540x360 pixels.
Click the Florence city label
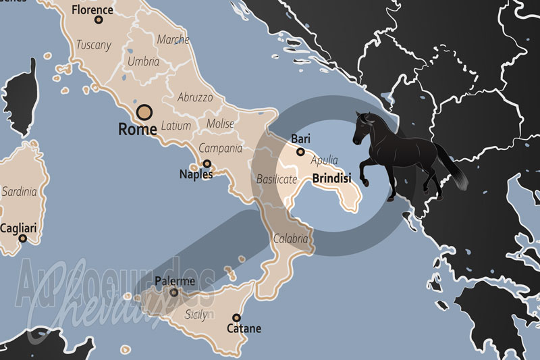click(x=92, y=10)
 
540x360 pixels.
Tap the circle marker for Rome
click(x=144, y=112)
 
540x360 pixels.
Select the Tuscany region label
click(x=93, y=45)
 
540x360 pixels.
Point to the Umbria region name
click(x=143, y=61)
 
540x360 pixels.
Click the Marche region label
click(x=173, y=40)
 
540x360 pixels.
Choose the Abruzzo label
click(x=195, y=97)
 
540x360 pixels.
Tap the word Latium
click(x=176, y=126)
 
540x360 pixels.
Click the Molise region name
click(x=221, y=124)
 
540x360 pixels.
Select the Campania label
click(x=220, y=148)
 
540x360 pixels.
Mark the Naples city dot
click(x=207, y=163)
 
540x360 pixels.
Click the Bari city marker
click(x=300, y=152)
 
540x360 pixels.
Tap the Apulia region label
click(x=323, y=161)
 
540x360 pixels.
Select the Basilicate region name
click(x=277, y=180)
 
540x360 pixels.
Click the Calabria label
click(x=290, y=238)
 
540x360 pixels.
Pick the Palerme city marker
click(x=174, y=292)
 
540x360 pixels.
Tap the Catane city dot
click(x=236, y=317)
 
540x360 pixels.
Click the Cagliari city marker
click(x=22, y=238)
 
